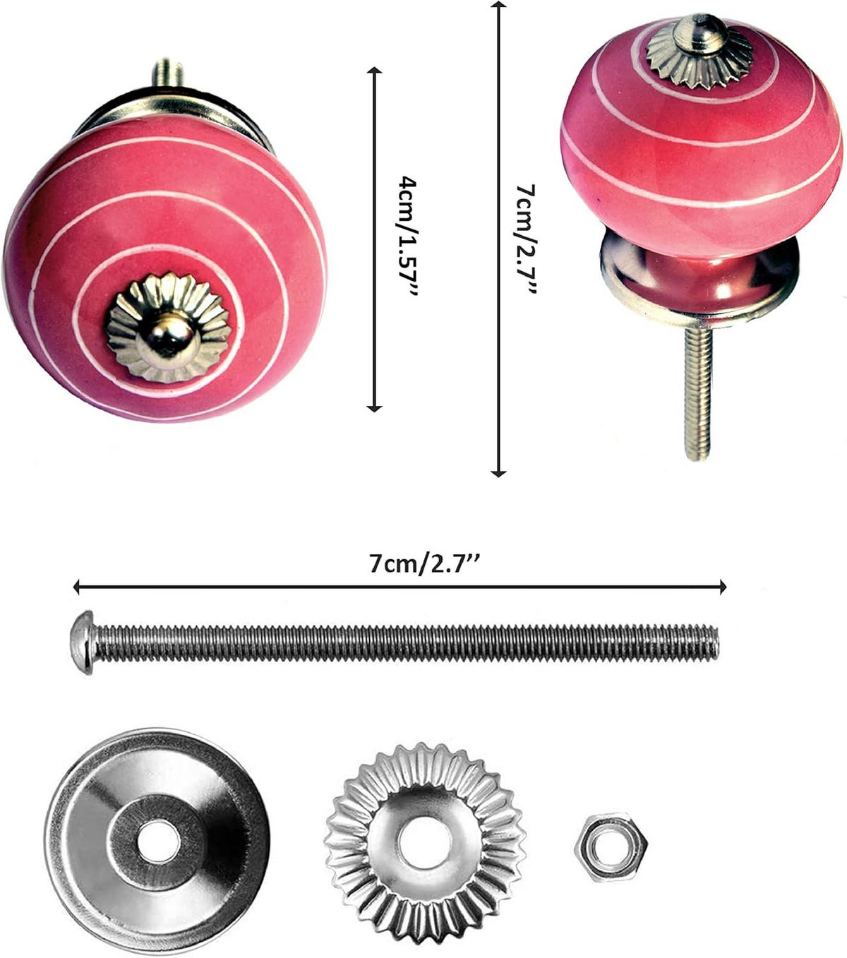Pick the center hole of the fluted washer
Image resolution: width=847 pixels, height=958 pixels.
point(421,843)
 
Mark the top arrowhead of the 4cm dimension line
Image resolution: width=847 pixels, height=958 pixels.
point(374,71)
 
